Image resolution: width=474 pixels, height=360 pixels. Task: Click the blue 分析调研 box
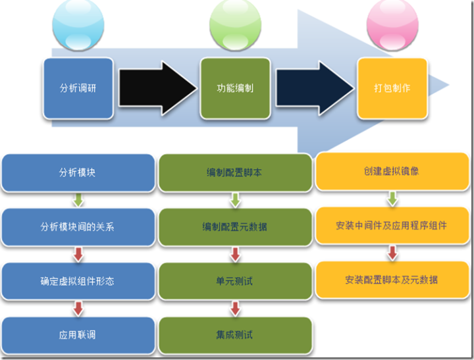(x=78, y=88)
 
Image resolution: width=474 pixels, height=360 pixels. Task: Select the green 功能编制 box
(x=235, y=88)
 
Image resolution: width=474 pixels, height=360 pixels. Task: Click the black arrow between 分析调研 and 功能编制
(x=157, y=88)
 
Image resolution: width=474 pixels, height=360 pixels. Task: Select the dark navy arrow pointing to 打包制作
(x=313, y=88)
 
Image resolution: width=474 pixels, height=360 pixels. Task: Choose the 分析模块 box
(x=78, y=172)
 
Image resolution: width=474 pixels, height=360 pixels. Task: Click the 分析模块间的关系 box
(x=78, y=227)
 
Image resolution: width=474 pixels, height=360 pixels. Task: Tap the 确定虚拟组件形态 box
(x=78, y=281)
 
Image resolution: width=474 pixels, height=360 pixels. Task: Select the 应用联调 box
(x=78, y=334)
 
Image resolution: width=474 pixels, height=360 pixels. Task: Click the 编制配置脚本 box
(x=235, y=172)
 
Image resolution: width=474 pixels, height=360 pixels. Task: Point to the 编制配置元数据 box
(x=235, y=227)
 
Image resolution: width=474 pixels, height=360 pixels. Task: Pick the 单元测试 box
(x=235, y=281)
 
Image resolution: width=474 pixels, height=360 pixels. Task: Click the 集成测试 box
(x=235, y=334)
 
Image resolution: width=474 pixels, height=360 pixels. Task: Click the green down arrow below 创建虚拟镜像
(x=392, y=198)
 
